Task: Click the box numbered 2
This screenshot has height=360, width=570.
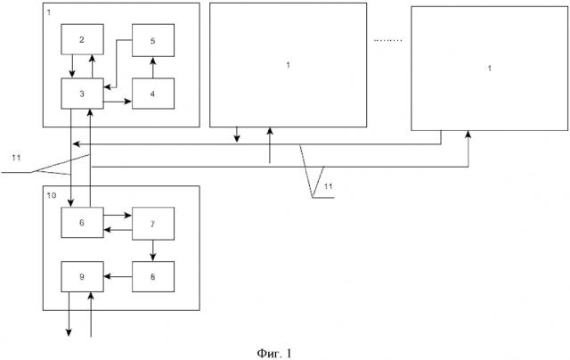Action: pos(82,39)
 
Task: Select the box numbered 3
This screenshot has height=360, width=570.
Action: pos(82,93)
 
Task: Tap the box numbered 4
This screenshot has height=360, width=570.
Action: pos(153,93)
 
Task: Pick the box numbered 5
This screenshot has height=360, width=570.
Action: pos(153,39)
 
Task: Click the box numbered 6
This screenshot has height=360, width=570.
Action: pos(82,221)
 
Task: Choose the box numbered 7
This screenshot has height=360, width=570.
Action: pos(153,221)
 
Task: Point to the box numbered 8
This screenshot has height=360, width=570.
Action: pos(153,276)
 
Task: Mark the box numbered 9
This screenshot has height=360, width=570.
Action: pos(82,276)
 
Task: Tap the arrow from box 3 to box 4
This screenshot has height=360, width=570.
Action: pos(118,102)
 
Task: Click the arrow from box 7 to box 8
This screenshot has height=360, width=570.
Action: pos(153,249)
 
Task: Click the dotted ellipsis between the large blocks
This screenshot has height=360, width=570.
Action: pos(388,39)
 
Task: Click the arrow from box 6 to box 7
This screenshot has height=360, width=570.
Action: pos(118,215)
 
